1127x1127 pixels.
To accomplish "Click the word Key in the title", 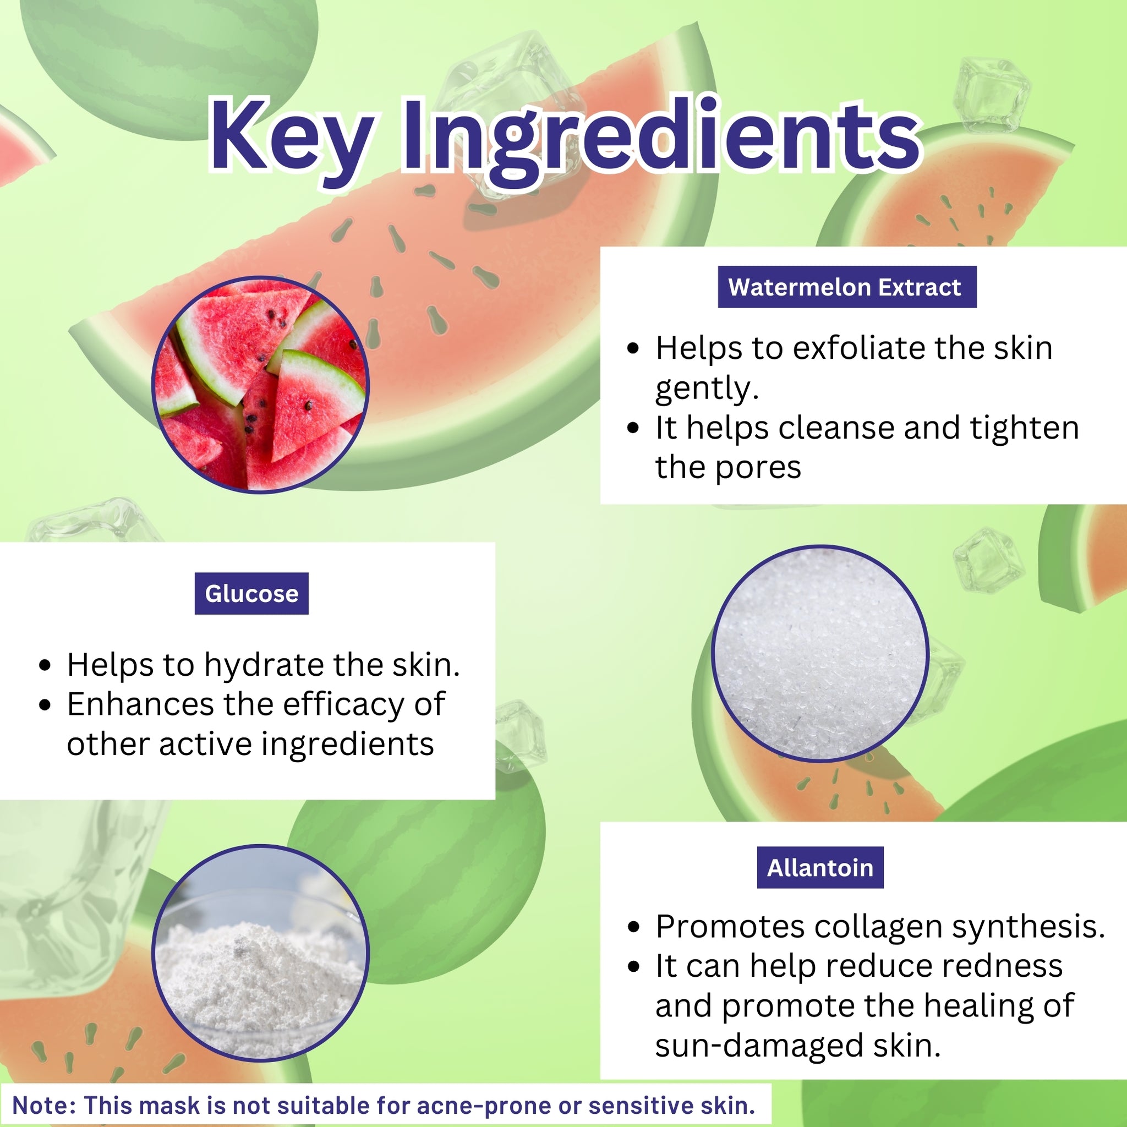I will (x=292, y=137).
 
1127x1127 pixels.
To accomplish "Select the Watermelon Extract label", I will (x=847, y=287).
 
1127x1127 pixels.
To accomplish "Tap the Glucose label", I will (x=251, y=594).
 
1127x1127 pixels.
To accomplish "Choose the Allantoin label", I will (x=820, y=867).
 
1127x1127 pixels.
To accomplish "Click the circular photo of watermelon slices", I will (x=260, y=385).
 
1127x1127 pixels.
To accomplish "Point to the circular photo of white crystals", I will (x=820, y=653).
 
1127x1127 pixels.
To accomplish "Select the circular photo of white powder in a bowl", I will (x=260, y=952).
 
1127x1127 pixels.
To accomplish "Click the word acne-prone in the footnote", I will (x=484, y=1106).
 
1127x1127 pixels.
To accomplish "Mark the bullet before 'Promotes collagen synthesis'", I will (x=633, y=928).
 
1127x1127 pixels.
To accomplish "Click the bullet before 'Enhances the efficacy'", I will (x=45, y=705).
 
